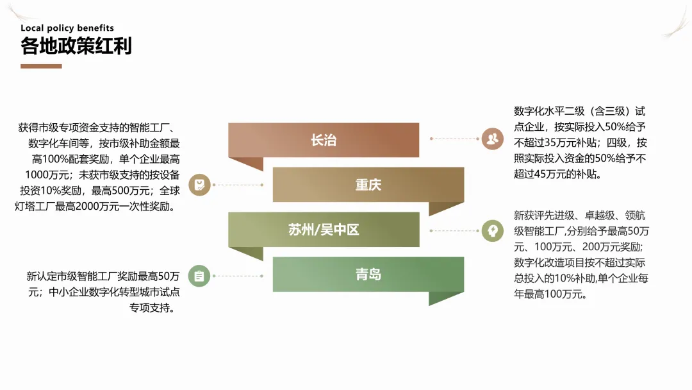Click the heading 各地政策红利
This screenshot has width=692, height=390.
76,46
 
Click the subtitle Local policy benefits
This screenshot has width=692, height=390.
67,28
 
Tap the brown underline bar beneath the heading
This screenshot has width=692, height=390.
41,66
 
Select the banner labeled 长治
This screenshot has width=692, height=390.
324,140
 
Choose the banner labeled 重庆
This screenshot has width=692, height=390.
368,185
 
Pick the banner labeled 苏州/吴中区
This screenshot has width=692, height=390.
324,230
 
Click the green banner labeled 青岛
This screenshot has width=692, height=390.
368,275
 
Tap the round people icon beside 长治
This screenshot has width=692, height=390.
492,139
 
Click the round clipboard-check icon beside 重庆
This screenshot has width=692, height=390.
199,185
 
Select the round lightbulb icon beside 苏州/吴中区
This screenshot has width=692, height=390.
492,230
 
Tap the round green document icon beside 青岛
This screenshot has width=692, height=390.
199,276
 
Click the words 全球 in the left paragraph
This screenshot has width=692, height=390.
170,191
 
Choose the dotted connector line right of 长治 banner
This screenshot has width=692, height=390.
456,139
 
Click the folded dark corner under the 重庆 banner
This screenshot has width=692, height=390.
446,208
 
